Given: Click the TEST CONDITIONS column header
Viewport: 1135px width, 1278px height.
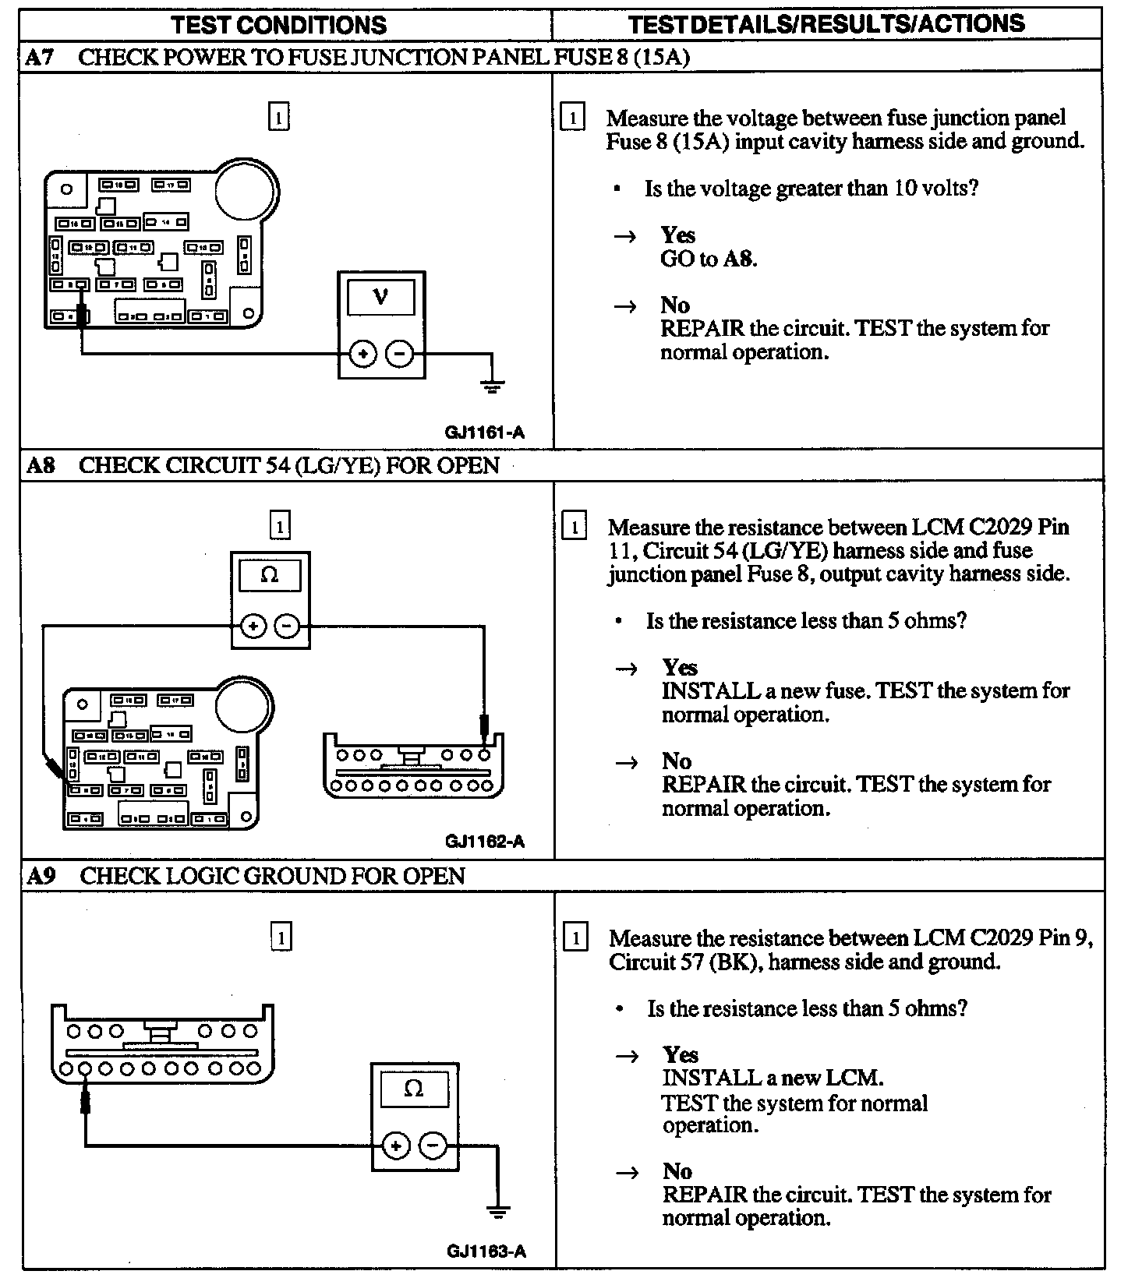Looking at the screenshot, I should (278, 24).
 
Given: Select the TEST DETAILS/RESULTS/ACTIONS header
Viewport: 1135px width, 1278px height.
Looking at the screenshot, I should (826, 24).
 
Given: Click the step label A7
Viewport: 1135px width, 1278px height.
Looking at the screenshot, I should (40, 57).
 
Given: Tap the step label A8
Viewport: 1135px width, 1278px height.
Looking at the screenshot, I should (41, 465).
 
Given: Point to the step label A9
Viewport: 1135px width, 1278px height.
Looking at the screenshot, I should (41, 875).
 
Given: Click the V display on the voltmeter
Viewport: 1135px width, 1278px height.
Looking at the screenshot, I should (381, 297).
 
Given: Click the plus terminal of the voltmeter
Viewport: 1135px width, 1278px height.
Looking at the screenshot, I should (362, 355).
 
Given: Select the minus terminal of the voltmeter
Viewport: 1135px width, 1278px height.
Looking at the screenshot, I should (400, 355).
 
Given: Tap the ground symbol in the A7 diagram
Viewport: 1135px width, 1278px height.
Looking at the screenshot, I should (492, 385).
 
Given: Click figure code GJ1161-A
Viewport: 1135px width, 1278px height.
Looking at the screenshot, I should (484, 432).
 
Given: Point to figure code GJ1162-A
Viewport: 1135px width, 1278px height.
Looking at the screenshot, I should (485, 842).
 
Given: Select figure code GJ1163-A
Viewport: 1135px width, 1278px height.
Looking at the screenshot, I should (486, 1252).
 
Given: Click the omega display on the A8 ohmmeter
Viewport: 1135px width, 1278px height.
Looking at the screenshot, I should (270, 576).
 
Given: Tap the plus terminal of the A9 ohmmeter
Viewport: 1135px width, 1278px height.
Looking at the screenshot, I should (396, 1146).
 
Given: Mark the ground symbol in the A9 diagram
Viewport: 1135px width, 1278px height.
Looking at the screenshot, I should (498, 1213).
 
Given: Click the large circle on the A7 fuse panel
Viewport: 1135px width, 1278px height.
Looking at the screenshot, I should (246, 189).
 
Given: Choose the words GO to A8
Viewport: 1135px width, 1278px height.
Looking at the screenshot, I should (708, 259).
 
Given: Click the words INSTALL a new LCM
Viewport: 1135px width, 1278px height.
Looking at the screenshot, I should (773, 1079).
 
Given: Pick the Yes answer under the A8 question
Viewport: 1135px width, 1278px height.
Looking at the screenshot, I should (680, 667).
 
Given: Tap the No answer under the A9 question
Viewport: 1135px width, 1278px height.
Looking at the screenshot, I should (677, 1171).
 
